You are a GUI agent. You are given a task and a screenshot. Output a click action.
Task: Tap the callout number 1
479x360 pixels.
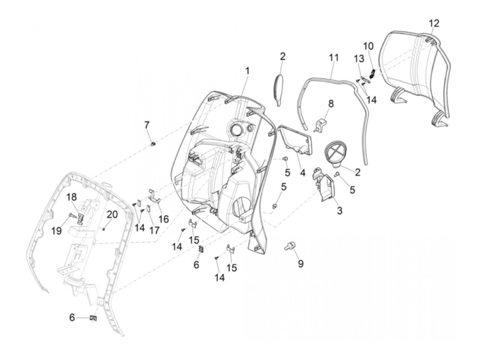(x=247, y=71)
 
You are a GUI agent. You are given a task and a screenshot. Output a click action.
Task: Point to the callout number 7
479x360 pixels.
(x=147, y=125)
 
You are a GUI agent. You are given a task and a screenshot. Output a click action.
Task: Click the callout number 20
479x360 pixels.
(x=112, y=215)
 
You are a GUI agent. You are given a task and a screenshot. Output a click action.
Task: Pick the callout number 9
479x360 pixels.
(x=300, y=264)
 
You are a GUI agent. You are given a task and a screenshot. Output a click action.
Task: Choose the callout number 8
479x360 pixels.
(x=331, y=103)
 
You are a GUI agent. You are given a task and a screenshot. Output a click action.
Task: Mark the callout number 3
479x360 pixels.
(x=339, y=211)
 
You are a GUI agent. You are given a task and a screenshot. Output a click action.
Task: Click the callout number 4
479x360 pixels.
(x=302, y=173)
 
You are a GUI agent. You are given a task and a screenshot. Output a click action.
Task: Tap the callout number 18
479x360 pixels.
(x=72, y=197)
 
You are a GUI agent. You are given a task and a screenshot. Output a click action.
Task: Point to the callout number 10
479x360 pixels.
(x=368, y=46)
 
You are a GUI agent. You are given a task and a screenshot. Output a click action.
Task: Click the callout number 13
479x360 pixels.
(x=359, y=59)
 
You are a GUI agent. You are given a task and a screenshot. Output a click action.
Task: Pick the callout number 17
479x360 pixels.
(x=154, y=230)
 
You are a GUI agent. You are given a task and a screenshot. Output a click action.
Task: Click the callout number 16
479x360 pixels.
(x=164, y=219)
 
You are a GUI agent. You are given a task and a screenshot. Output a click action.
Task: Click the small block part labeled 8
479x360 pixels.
(x=321, y=124)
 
